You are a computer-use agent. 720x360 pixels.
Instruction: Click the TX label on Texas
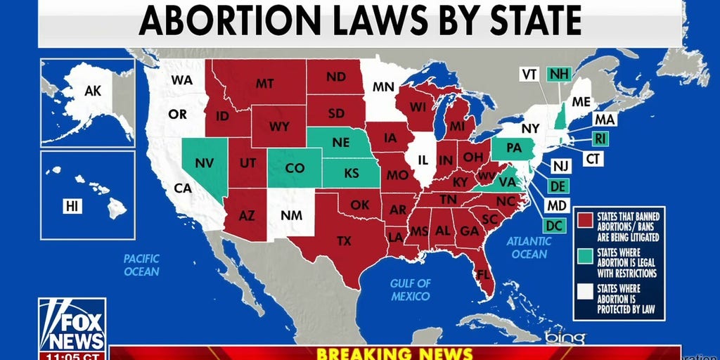(x=344, y=241)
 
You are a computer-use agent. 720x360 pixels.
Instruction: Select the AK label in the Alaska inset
(x=93, y=91)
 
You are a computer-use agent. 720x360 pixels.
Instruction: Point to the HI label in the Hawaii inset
(x=72, y=205)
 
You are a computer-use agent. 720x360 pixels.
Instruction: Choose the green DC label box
(x=554, y=226)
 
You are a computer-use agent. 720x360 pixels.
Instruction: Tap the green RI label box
(x=599, y=139)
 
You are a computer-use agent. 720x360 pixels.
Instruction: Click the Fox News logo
(x=72, y=324)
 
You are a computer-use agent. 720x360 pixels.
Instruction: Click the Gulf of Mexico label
(x=411, y=290)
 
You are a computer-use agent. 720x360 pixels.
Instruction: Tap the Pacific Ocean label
(x=142, y=265)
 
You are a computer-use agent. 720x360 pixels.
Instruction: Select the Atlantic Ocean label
(x=529, y=247)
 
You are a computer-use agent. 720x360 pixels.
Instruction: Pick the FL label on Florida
(x=483, y=274)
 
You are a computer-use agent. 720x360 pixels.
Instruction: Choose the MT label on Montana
(x=264, y=84)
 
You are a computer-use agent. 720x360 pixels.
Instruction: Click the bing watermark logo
(x=566, y=338)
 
